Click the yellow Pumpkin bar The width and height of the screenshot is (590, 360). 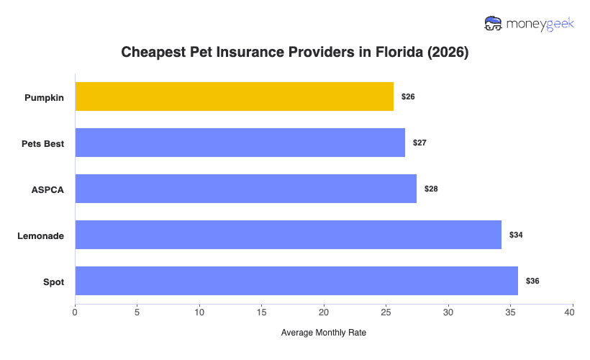(x=234, y=96)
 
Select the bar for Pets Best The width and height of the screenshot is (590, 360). (x=240, y=143)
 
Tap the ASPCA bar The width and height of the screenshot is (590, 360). (x=245, y=189)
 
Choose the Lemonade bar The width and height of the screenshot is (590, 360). (x=288, y=235)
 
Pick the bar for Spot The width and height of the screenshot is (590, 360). (x=296, y=281)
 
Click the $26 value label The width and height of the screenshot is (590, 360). (x=408, y=96)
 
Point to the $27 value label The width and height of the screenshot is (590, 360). (x=419, y=143)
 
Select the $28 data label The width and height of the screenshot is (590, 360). (x=431, y=189)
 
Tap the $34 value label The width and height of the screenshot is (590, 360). (x=516, y=235)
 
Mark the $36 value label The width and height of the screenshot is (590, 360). (x=532, y=281)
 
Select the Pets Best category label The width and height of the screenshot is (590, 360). (x=42, y=143)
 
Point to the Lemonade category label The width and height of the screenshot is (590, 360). (x=41, y=235)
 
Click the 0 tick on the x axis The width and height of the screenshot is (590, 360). (x=75, y=312)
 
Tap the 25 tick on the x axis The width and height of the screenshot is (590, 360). (x=386, y=312)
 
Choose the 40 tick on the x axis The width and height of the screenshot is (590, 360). (x=573, y=312)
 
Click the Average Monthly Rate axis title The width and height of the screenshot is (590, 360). (x=324, y=333)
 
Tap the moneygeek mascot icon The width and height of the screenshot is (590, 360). (x=494, y=23)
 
